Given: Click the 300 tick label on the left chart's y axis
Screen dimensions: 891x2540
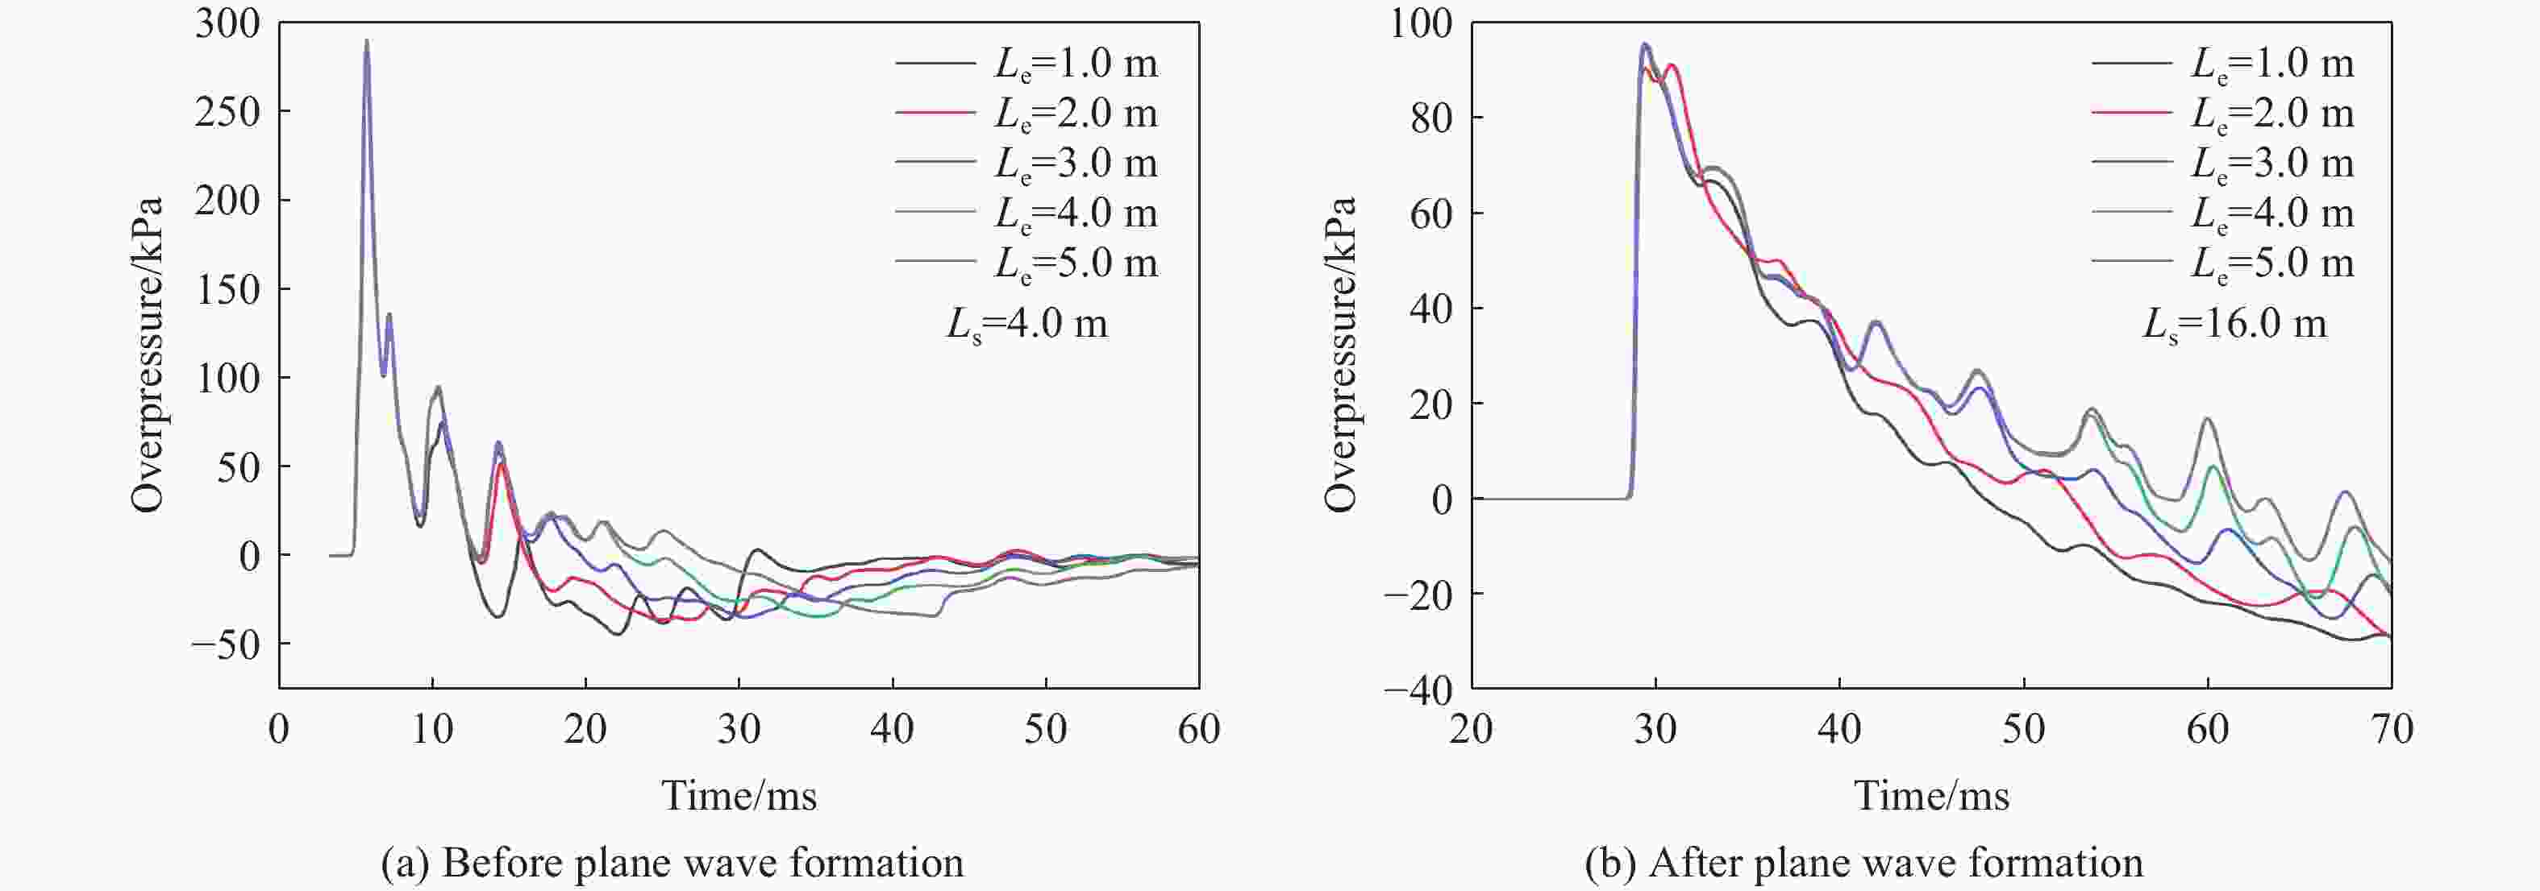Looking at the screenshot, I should coord(227,23).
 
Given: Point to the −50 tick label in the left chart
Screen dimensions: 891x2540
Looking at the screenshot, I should coord(225,645).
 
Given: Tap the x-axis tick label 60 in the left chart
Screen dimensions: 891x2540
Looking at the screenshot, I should coord(1198,729).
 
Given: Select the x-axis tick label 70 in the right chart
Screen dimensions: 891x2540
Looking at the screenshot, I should coord(2390,729).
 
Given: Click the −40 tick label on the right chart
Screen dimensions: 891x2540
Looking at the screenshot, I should coord(1418,690).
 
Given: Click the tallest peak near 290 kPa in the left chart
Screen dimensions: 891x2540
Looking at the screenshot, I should coord(367,41).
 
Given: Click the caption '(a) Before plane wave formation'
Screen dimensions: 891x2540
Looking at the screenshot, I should coord(672,864).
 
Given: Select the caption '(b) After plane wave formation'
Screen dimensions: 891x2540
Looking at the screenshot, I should coord(1863,864).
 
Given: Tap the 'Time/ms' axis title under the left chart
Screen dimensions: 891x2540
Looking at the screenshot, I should coord(739,795).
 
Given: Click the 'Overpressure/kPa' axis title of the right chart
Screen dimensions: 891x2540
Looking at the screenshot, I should coord(1340,354).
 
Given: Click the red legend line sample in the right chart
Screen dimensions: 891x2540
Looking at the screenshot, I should coord(2131,114).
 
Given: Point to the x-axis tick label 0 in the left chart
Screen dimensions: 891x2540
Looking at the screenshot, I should coord(279,729).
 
